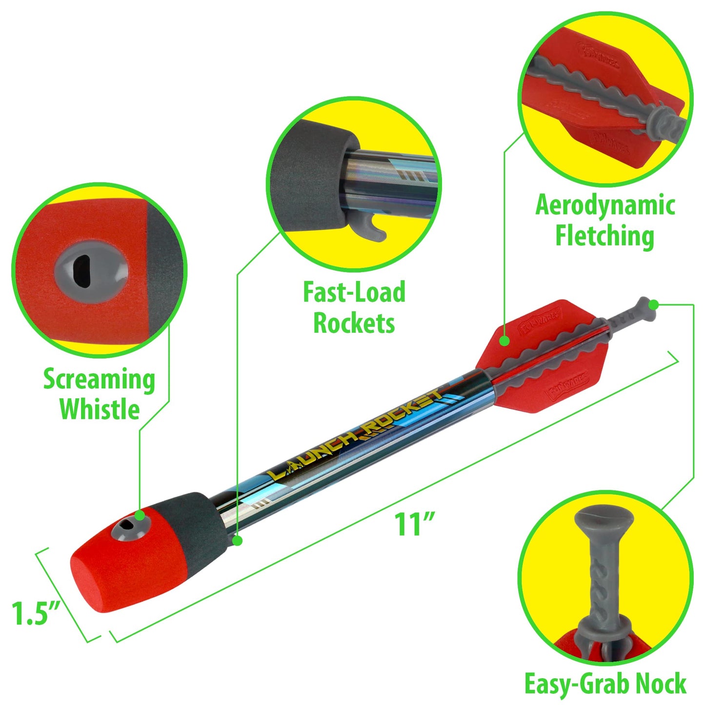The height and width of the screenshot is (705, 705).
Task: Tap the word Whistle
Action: click(100, 409)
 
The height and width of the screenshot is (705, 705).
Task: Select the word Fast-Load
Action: click(354, 293)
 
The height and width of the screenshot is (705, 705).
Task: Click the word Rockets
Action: click(354, 323)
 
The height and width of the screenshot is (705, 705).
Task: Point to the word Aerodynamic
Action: click(605, 206)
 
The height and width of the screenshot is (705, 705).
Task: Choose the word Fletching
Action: click(605, 236)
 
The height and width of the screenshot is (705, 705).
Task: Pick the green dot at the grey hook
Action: click(237, 541)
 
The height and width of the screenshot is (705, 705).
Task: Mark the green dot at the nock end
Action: click(654, 305)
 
